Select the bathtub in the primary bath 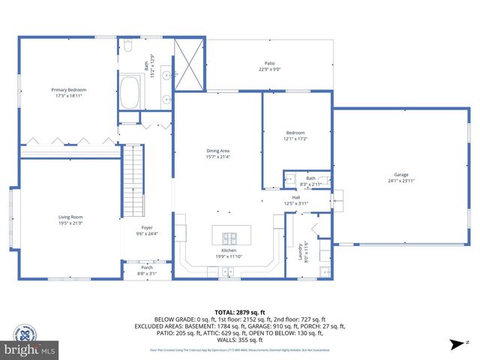[133, 89]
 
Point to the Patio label [269, 64]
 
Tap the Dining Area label [218, 151]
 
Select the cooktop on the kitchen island [228, 235]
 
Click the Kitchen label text [229, 250]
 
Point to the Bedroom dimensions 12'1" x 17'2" [295, 139]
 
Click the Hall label [295, 197]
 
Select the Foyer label [147, 228]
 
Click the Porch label [147, 268]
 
